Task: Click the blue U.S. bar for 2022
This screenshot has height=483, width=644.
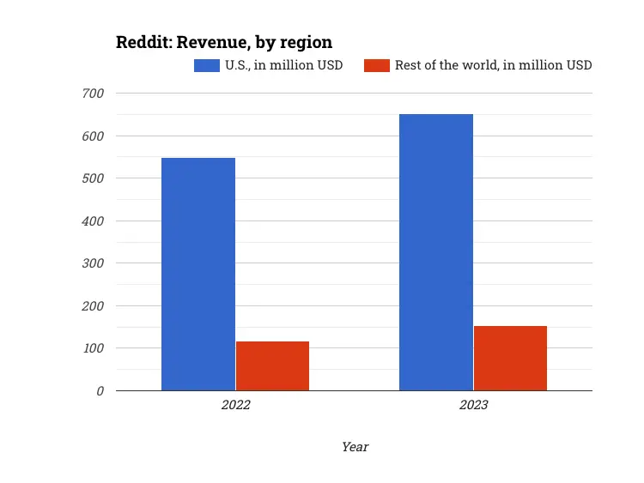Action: (x=198, y=275)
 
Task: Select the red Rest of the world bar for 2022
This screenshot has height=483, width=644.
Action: (x=272, y=366)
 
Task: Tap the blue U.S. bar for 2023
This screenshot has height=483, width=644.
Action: (x=436, y=252)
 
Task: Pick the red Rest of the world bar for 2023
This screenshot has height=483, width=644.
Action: (x=510, y=359)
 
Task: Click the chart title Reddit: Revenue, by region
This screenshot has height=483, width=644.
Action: (x=224, y=42)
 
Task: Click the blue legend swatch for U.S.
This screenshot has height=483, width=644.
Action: (x=206, y=65)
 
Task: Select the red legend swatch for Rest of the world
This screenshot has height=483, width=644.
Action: (x=377, y=65)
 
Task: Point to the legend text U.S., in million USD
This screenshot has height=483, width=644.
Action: (x=284, y=65)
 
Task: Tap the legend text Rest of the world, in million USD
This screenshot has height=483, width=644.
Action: (x=493, y=65)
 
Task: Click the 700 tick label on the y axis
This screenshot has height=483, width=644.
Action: (x=93, y=93)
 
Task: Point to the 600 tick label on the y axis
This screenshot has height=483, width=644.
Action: (x=93, y=136)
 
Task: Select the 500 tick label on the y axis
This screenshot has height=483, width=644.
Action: (x=93, y=178)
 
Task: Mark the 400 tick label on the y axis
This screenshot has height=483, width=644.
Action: (x=93, y=220)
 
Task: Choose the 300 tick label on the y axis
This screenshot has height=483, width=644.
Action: (x=93, y=263)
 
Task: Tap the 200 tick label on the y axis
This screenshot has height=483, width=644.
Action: (x=93, y=305)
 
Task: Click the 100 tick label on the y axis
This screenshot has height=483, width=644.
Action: (x=93, y=348)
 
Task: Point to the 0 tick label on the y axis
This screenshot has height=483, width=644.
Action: (x=100, y=391)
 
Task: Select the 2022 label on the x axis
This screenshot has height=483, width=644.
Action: (x=235, y=405)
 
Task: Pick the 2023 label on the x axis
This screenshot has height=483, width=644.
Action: (x=473, y=405)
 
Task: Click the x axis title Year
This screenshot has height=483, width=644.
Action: (x=355, y=447)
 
